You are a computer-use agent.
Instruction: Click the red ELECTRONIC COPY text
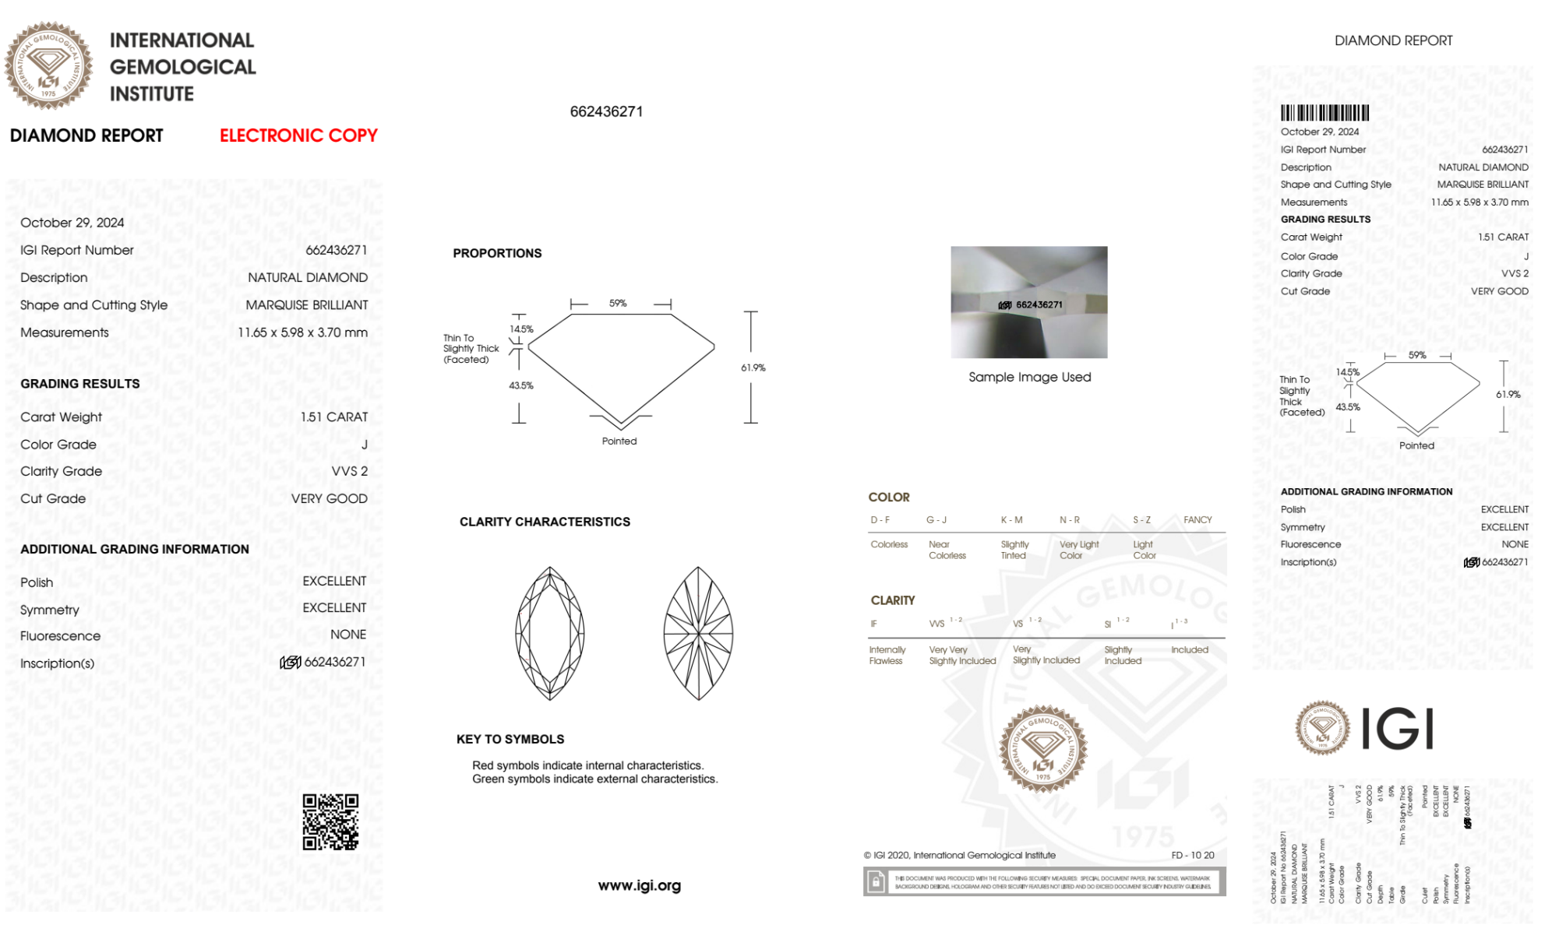click(298, 135)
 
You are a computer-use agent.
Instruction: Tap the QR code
click(330, 821)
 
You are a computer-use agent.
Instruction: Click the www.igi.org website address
click(639, 885)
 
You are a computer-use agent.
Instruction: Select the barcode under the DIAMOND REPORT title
click(1324, 113)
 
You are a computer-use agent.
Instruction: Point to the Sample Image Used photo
click(1028, 302)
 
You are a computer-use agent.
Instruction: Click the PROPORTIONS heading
click(497, 253)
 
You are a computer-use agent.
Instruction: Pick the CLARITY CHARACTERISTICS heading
click(545, 522)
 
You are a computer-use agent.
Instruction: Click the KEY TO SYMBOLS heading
click(510, 739)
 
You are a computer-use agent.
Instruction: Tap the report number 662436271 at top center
click(606, 111)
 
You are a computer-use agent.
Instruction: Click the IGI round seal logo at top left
click(48, 65)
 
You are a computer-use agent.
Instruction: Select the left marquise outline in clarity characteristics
click(550, 633)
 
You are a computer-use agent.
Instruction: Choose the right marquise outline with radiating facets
click(698, 633)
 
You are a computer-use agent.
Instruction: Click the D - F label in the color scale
click(880, 520)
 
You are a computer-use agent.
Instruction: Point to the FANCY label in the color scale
click(1197, 520)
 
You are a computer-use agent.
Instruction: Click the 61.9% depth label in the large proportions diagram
click(753, 367)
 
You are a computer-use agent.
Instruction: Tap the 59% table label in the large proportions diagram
click(618, 303)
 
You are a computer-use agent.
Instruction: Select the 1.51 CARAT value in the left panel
click(334, 417)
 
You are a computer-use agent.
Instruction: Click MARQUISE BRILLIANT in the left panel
click(307, 305)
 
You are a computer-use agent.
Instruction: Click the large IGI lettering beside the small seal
click(1398, 729)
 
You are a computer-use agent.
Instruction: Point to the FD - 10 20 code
click(1192, 855)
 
